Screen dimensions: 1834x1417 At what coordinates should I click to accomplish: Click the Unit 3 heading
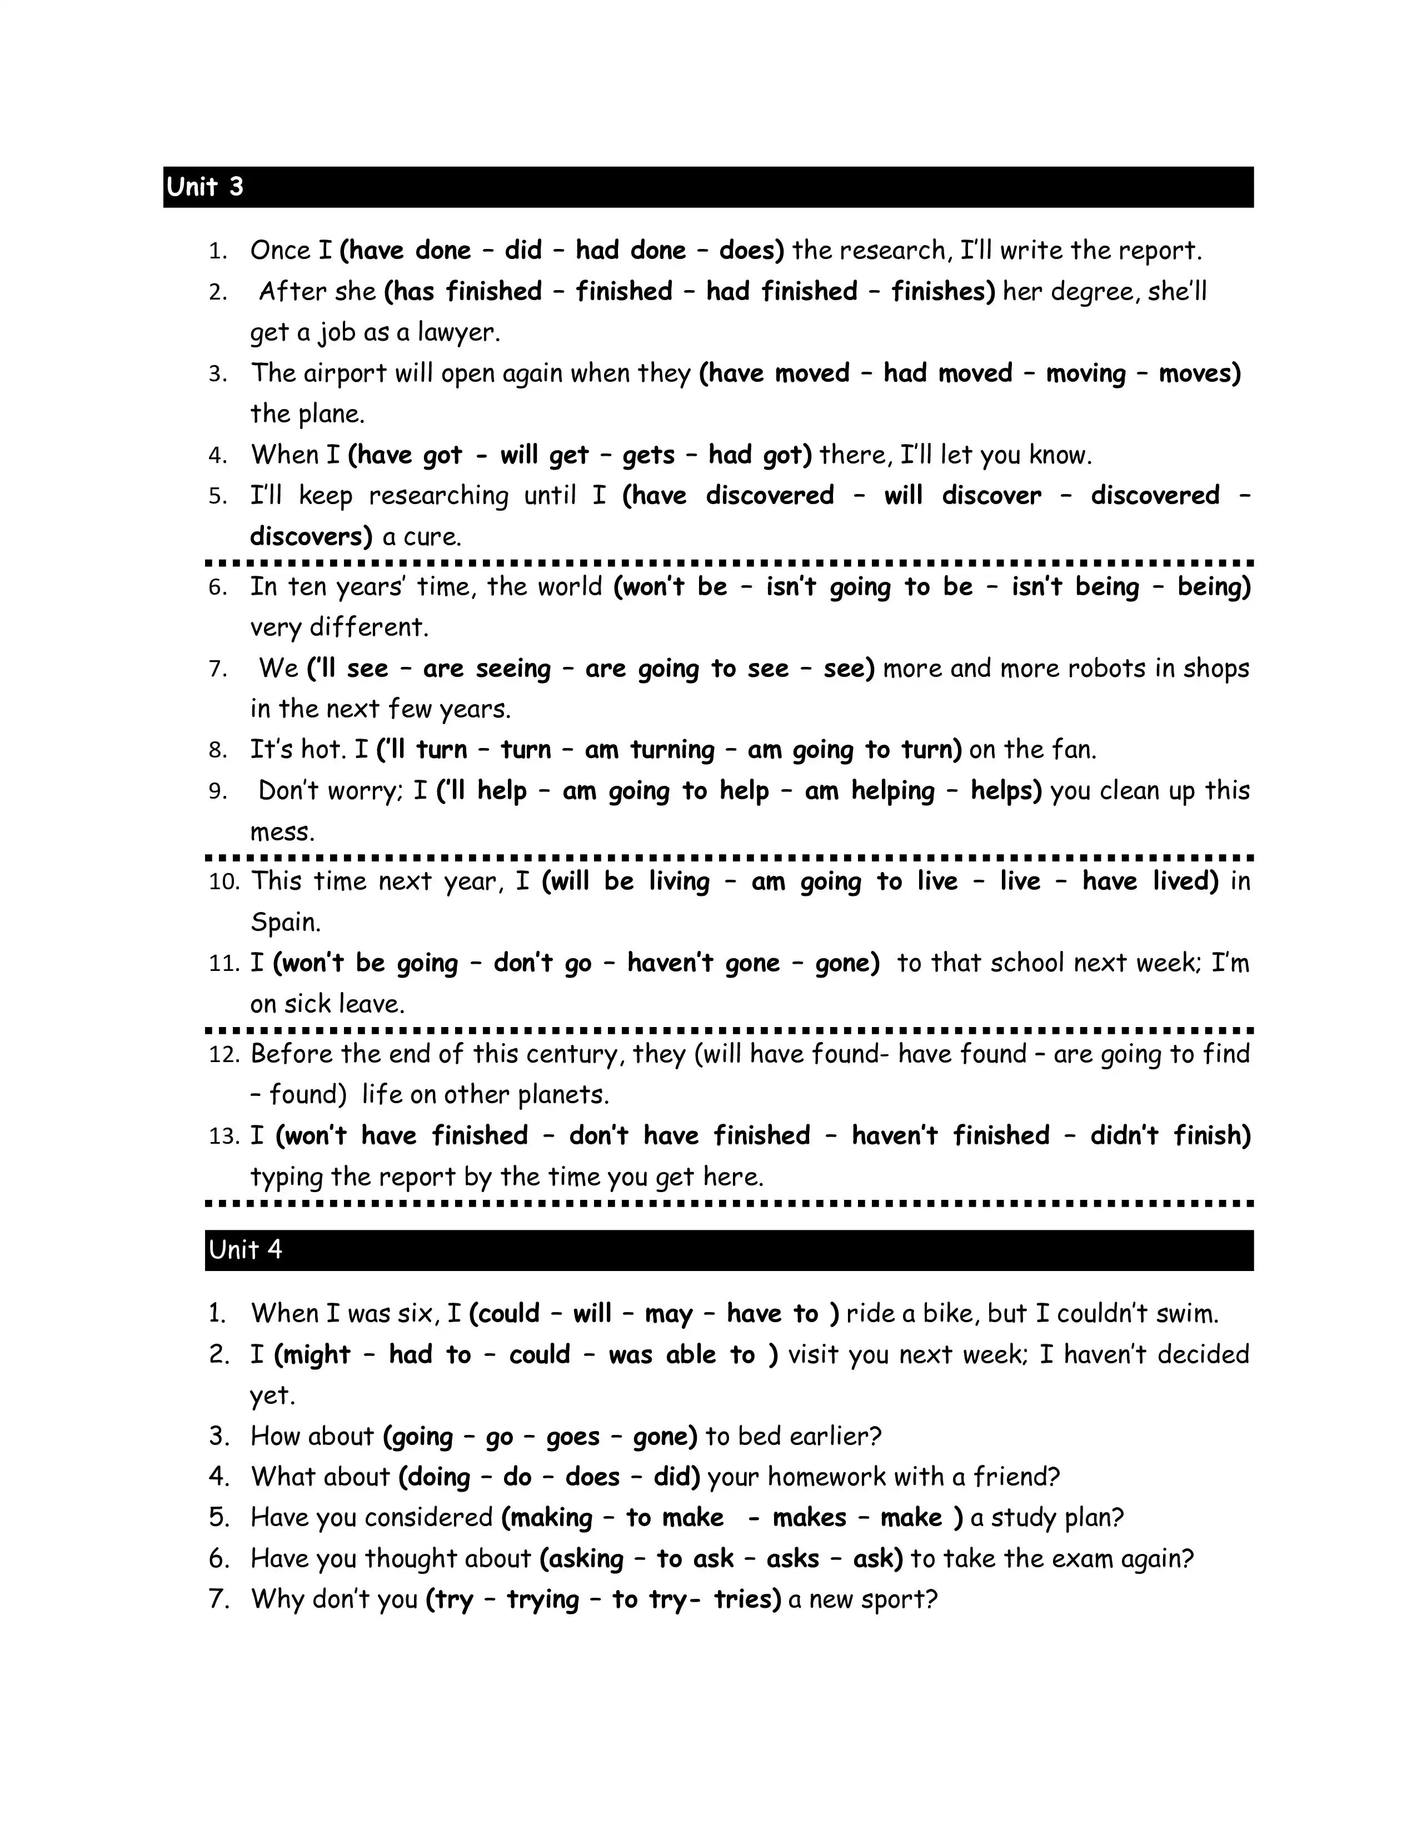point(205,186)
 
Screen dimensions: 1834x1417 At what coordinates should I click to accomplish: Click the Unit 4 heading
point(245,1249)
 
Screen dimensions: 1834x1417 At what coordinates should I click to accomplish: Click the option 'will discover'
point(962,495)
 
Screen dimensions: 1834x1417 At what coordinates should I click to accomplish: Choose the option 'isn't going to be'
point(869,586)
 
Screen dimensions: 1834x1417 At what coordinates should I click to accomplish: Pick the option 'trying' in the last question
point(542,1599)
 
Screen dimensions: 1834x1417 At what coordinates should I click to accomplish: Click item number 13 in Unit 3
point(223,1136)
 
